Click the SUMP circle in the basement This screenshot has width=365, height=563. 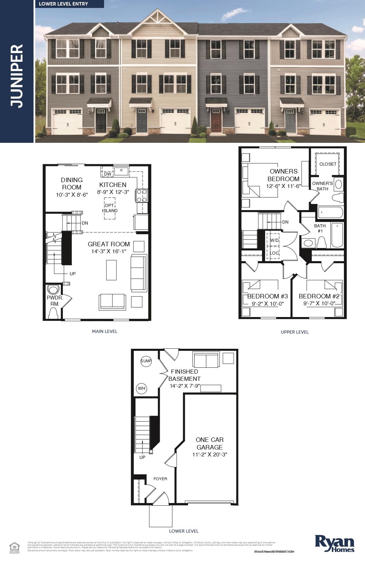[146, 361]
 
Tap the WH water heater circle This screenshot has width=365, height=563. [141, 388]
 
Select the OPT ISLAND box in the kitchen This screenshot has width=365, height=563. [110, 208]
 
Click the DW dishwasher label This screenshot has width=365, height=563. [107, 174]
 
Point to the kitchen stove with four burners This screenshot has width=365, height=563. [142, 195]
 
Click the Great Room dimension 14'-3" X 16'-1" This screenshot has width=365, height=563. [109, 251]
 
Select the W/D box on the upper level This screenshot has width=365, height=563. [274, 240]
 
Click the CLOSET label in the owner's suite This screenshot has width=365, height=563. [328, 164]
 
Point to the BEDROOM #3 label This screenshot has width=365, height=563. [267, 296]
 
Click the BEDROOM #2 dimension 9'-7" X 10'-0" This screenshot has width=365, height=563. [319, 304]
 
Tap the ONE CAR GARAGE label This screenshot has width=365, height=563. [209, 443]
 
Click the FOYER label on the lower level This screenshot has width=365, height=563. [160, 479]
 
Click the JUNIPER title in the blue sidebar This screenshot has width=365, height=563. [17, 76]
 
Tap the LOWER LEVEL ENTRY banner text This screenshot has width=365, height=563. [63, 4]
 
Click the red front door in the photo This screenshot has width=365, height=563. [216, 121]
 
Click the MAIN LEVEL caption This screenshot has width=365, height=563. [104, 331]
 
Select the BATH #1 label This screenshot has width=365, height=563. [320, 228]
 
